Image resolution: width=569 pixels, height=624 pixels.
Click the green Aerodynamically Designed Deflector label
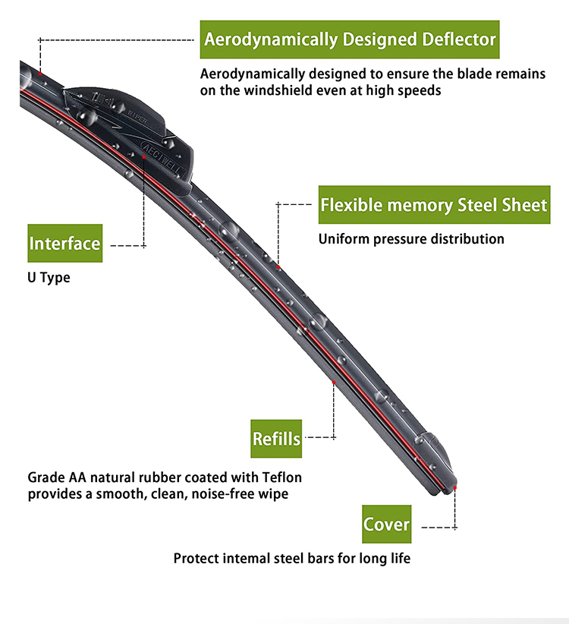pyautogui.click(x=350, y=39)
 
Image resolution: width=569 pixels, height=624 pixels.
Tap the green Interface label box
pyautogui.click(x=64, y=244)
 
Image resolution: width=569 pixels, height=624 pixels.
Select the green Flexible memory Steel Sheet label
pyautogui.click(x=433, y=205)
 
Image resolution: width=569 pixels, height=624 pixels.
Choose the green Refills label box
pyautogui.click(x=276, y=438)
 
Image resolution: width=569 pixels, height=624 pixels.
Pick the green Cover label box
pyautogui.click(x=386, y=525)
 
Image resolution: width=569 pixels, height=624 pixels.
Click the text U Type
pyautogui.click(x=49, y=278)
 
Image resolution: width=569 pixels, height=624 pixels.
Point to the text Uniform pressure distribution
pyautogui.click(x=411, y=239)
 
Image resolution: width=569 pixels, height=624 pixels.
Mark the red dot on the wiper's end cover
pyautogui.click(x=455, y=487)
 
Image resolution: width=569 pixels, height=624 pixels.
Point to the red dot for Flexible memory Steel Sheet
pyautogui.click(x=278, y=267)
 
